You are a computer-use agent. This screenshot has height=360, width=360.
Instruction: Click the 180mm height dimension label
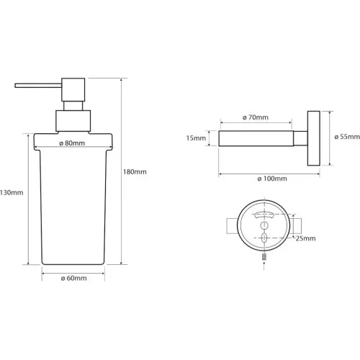[x=135, y=172]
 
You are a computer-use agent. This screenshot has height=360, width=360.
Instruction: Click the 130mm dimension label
[x=12, y=192]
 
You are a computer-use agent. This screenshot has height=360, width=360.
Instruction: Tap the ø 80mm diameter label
[x=72, y=143]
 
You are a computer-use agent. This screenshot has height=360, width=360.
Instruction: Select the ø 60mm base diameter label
[x=73, y=278]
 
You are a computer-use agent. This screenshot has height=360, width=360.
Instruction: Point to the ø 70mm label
[x=256, y=117]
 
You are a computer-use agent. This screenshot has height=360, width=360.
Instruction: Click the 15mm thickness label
[x=196, y=138]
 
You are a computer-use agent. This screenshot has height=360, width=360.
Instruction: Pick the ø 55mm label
[x=347, y=137]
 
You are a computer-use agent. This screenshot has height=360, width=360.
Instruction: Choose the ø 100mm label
[x=272, y=179]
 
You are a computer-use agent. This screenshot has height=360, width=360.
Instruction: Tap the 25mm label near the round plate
[x=305, y=238]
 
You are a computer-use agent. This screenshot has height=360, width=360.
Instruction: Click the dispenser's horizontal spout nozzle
[x=38, y=86]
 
